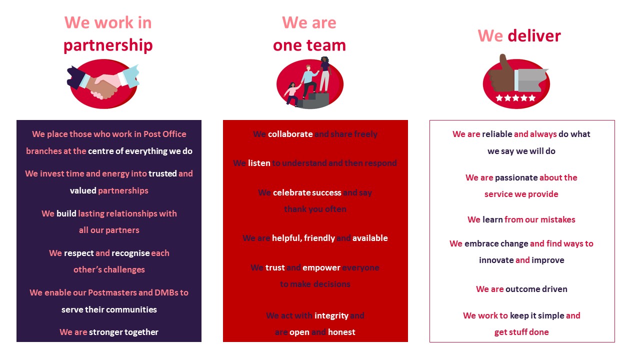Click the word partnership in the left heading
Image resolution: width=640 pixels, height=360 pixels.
tap(108, 45)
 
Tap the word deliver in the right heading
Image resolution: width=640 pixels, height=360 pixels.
tap(534, 36)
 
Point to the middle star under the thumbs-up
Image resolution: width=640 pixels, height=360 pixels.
tap(515, 98)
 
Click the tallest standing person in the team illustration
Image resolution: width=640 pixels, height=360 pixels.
tap(325, 75)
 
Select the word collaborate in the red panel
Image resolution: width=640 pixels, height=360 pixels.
tap(290, 134)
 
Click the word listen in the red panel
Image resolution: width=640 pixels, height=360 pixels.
tap(259, 163)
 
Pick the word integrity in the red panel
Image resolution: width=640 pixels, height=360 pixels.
tap(331, 315)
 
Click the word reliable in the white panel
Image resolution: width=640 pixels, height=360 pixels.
tap(497, 134)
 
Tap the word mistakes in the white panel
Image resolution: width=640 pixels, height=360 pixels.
tap(557, 219)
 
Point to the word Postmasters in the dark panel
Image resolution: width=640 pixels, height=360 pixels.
tap(112, 292)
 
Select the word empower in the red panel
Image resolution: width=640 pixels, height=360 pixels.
tap(321, 267)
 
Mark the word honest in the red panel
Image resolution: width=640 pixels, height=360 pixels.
tap(341, 332)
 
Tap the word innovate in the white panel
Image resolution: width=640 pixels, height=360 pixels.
tap(496, 260)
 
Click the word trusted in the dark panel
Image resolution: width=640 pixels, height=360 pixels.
tap(162, 173)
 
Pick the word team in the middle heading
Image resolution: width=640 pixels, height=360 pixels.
tap(328, 45)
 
